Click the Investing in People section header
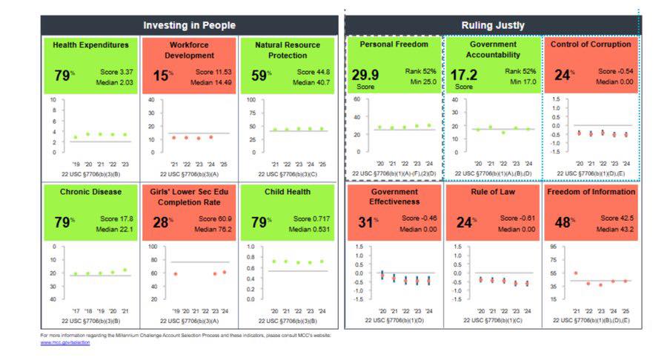[x=190, y=25]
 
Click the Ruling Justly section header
[x=491, y=25]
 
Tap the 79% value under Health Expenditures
[x=64, y=76]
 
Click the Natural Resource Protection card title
[x=288, y=50]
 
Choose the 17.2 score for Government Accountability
[x=463, y=75]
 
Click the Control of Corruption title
[x=591, y=45]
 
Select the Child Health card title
[x=288, y=193]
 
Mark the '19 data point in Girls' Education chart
[x=176, y=274]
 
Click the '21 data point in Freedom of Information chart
[x=575, y=273]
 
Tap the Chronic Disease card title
[x=90, y=193]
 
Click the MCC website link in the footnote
[x=65, y=343]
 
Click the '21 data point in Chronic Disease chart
[x=125, y=270]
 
